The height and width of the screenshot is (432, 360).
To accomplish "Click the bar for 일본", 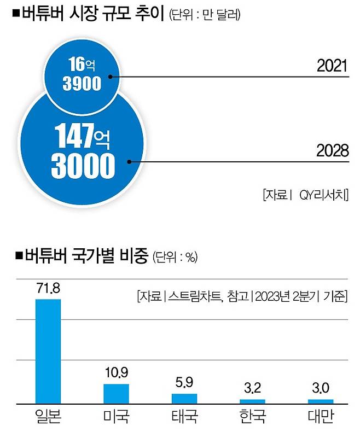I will pos(48,351).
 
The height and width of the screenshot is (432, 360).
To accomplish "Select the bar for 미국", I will pos(116,393).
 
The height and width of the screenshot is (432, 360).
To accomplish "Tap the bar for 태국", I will pos(184,398).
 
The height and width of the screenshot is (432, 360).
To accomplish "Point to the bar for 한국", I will pos(252,401).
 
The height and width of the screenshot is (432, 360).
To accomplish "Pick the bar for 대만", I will pos(320,401).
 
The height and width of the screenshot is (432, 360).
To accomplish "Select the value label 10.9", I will pos(116,374).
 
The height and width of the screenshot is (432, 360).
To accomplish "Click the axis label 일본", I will pos(48,418).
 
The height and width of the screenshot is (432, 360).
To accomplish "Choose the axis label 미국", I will pos(116,418).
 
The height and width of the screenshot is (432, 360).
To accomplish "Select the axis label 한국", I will pos(252,418).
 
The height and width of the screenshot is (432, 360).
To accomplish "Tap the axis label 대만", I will pos(320,418).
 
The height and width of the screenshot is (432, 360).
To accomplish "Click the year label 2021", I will pos(332,66).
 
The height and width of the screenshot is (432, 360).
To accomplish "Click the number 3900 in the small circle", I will pos(82,84).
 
